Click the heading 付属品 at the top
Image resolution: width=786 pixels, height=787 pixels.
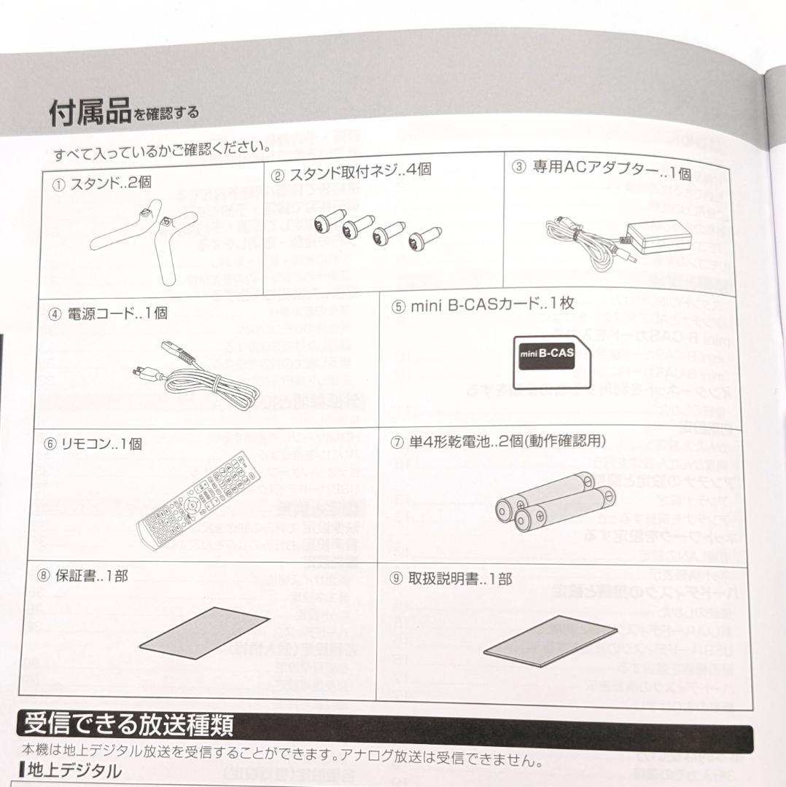click(x=90, y=113)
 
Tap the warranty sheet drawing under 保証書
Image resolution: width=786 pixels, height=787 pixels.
click(x=204, y=630)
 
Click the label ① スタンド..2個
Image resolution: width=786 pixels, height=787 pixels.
click(x=102, y=184)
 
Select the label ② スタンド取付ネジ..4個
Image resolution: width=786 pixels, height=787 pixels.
click(x=351, y=173)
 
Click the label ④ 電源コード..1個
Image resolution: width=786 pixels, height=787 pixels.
click(x=107, y=313)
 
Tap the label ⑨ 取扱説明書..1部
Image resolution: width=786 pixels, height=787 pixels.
click(x=451, y=579)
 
